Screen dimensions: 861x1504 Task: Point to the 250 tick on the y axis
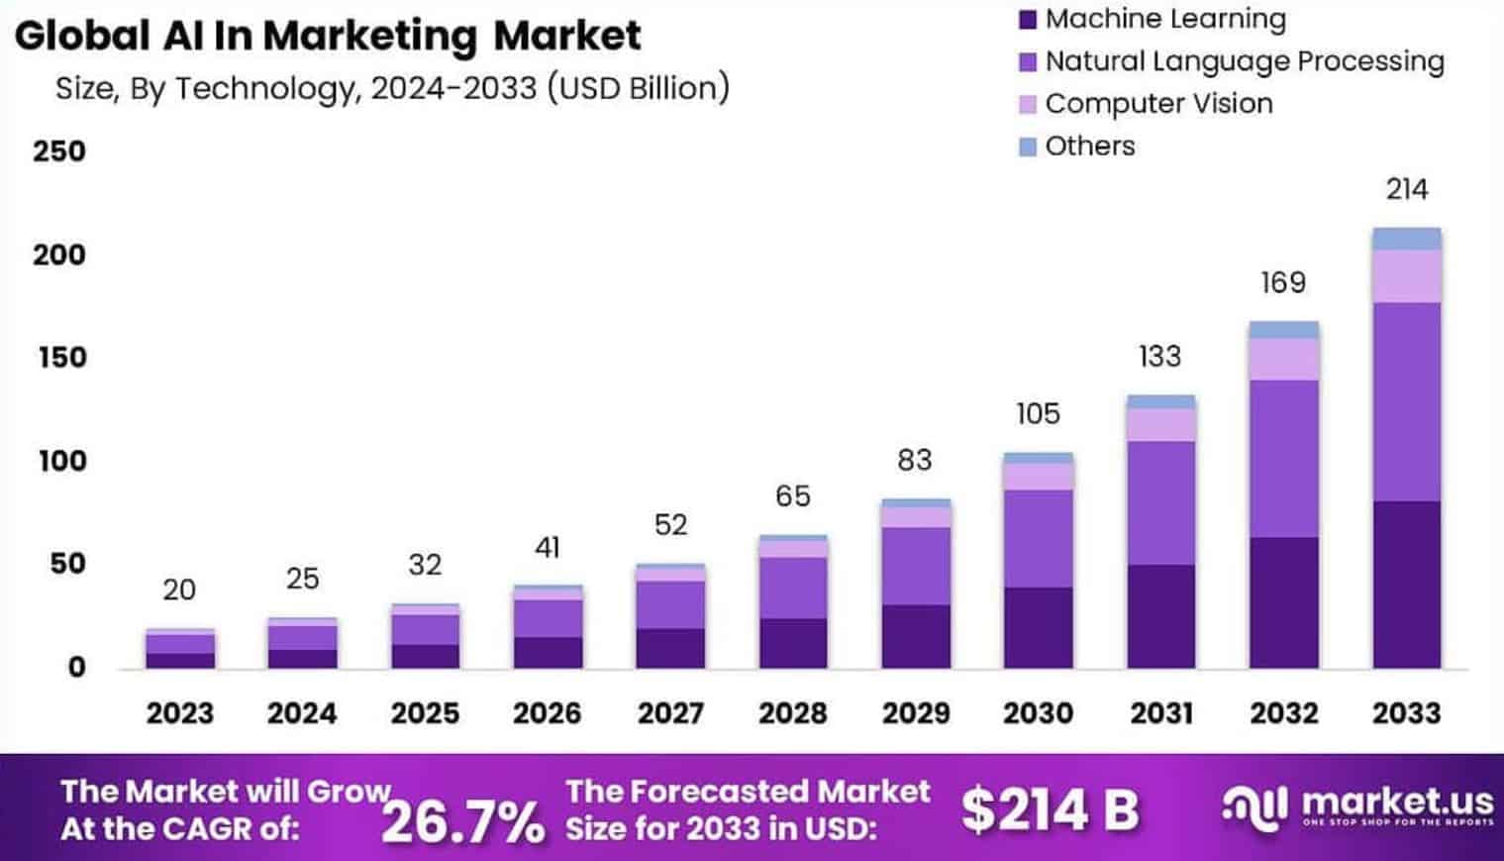[59, 152]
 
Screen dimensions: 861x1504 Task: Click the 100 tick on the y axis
[61, 461]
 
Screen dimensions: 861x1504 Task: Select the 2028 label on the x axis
[792, 713]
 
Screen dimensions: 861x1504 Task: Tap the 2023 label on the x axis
[179, 713]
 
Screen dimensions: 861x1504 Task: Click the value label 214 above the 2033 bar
[1406, 189]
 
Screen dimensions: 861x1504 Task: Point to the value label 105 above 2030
[1038, 413]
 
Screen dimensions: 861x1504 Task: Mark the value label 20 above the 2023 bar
[179, 591]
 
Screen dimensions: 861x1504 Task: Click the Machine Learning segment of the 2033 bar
[1406, 585]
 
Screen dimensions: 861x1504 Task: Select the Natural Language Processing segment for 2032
[1283, 459]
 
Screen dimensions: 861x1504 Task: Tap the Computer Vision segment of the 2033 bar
[1406, 276]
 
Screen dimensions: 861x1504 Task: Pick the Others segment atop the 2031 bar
[1160, 402]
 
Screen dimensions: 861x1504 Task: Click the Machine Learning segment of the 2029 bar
[916, 636]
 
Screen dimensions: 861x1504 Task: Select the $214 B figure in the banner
[1050, 809]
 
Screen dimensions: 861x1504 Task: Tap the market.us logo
[1357, 806]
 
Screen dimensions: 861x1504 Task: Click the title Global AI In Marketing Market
[328, 37]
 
